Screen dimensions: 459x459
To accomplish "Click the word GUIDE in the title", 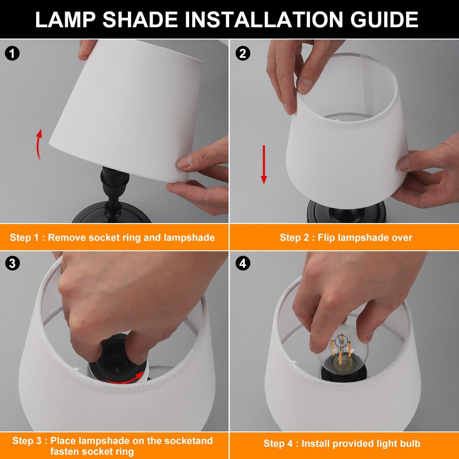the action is tap(384, 20).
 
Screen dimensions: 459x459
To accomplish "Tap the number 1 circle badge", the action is tap(12, 54).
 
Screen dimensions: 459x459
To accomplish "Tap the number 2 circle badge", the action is tap(243, 54).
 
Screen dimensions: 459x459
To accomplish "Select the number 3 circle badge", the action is tap(12, 263).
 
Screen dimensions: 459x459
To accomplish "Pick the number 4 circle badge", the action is tap(243, 263).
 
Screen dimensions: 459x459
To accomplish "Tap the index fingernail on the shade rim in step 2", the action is tap(304, 86).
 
